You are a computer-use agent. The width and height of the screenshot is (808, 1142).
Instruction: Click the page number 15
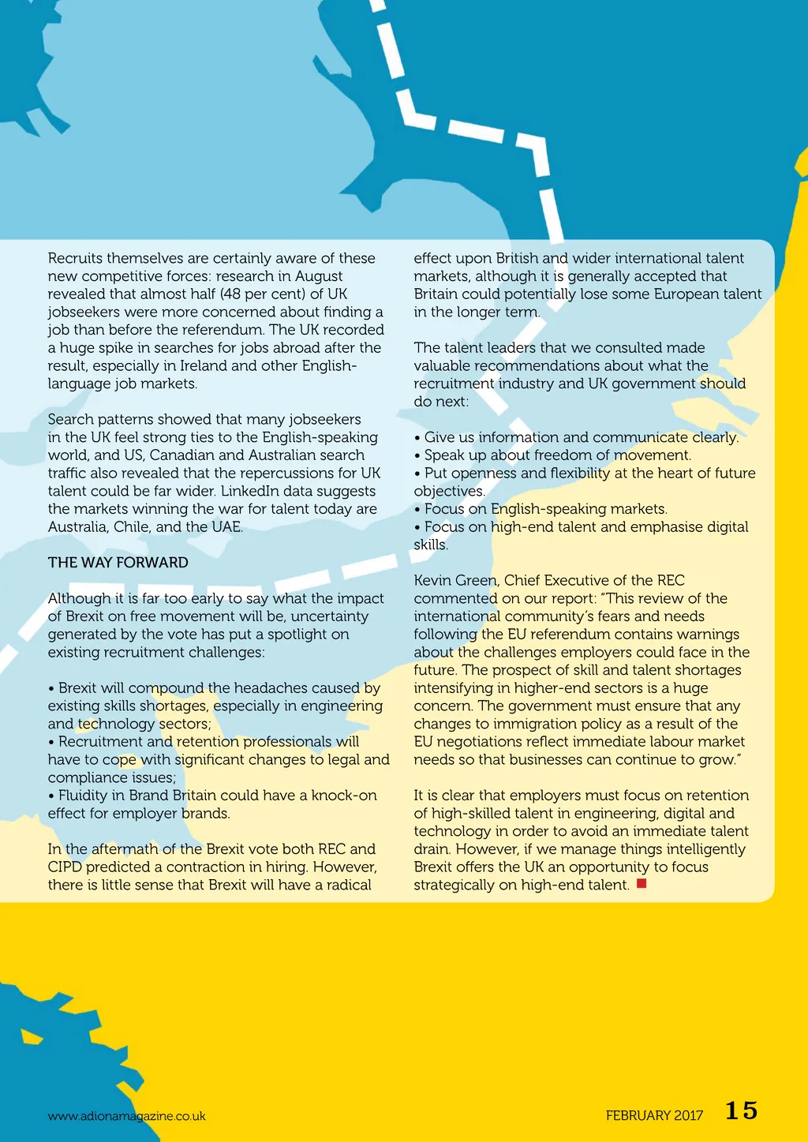741,1110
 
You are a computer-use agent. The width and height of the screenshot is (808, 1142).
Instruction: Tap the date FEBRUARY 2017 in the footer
654,1115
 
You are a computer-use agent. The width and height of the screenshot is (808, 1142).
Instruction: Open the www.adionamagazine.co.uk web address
126,1116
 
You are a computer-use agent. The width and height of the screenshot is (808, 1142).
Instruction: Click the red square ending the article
642,883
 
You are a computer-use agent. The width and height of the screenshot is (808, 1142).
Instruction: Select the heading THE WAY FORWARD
118,563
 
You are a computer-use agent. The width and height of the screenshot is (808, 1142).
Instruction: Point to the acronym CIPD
65,867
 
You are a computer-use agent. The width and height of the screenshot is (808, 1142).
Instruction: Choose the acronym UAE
226,526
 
